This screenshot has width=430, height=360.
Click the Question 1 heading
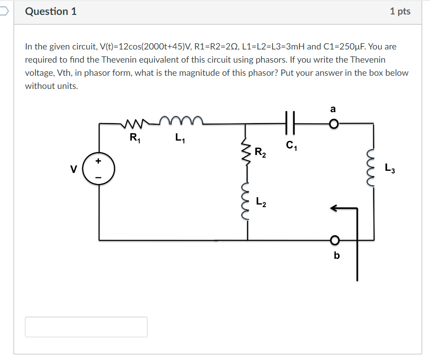click(x=51, y=12)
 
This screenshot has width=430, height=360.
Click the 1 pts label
click(x=400, y=12)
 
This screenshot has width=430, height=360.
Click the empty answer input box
click(x=86, y=327)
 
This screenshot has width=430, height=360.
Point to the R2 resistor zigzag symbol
click(x=248, y=153)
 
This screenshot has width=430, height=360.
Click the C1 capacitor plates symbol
click(x=291, y=124)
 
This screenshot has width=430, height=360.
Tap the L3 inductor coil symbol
click(x=374, y=167)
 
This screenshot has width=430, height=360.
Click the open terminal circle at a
click(x=334, y=124)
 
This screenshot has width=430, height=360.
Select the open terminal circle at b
click(x=335, y=240)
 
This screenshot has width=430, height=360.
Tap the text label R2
click(x=260, y=153)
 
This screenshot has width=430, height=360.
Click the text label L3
click(x=390, y=168)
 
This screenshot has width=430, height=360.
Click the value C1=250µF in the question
click(x=345, y=46)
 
